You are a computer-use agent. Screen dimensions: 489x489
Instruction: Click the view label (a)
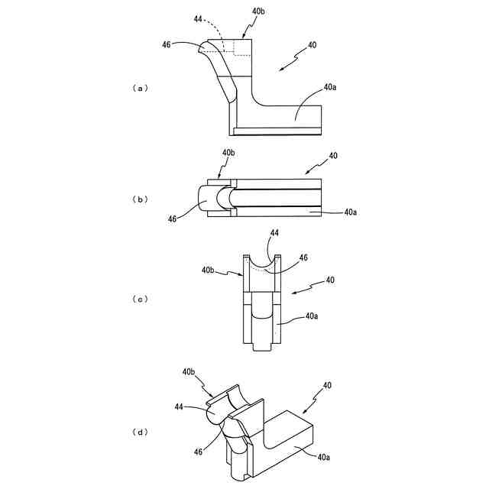(139, 88)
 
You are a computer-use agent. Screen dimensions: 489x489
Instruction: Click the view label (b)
(139, 199)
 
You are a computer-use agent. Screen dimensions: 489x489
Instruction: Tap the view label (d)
(139, 432)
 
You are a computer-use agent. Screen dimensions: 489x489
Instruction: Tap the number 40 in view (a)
(312, 45)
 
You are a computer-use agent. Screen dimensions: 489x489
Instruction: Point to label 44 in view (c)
(274, 232)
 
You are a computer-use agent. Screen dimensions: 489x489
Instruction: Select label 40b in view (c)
(209, 270)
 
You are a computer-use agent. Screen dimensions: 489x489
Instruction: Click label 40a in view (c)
(313, 315)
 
